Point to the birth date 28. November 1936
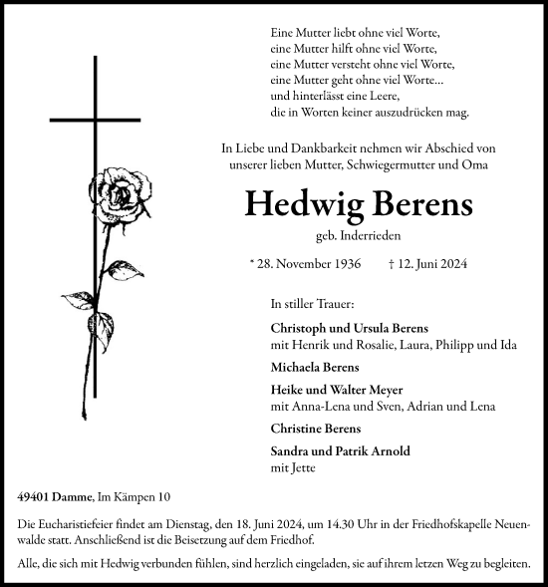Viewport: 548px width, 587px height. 309,266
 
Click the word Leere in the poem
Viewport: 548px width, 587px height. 404,98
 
